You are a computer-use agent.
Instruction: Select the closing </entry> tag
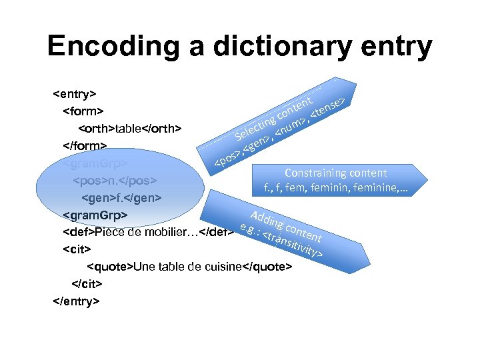(76, 301)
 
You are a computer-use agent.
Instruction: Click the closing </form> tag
(84, 145)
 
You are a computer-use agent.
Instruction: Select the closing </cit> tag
(87, 283)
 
